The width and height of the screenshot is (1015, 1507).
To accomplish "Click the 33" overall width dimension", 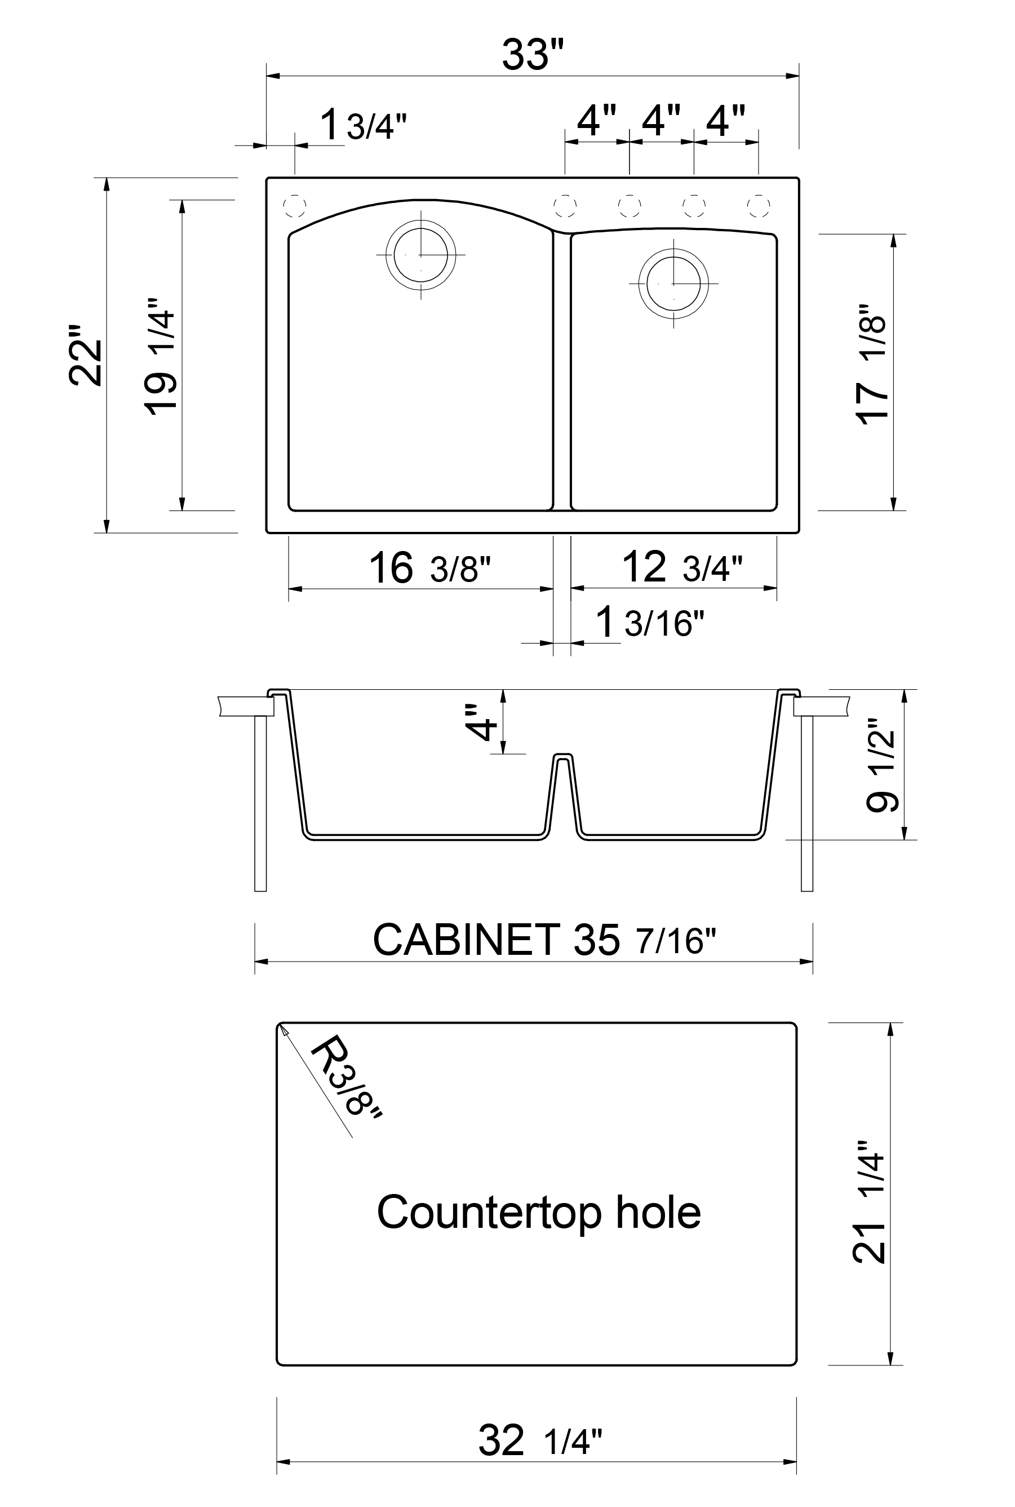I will pos(533,55).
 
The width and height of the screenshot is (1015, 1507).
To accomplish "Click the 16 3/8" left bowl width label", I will pos(429,568).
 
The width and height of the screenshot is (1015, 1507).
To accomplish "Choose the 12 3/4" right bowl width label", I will pos(681,567).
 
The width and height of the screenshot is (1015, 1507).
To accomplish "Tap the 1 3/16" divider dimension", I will pos(649,622).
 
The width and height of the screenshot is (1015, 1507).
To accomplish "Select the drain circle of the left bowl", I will pos(421,254).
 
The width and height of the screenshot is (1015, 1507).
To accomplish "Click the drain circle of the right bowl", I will pos(673,283).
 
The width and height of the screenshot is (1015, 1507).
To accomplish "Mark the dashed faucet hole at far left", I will pos(295,206).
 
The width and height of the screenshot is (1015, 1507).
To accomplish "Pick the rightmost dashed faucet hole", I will pos(759,206).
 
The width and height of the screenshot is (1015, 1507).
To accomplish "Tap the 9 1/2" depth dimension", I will pos(881,764).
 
